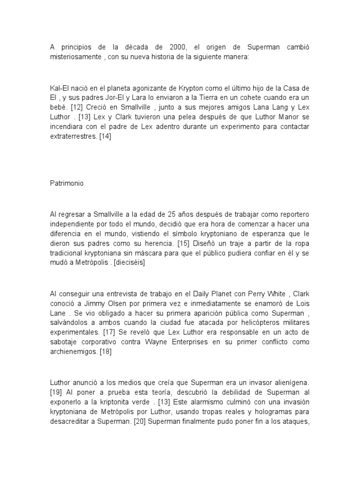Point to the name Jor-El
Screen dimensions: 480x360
(107, 97)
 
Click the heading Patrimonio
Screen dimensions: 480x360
(67, 184)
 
